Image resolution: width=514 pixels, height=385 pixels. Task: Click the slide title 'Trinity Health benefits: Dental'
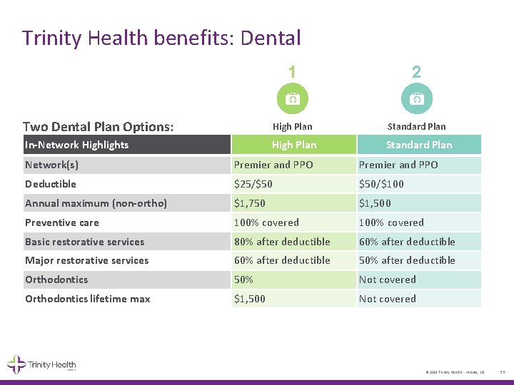[161, 37]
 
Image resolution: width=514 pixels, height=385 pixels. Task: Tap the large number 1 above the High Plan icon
[292, 72]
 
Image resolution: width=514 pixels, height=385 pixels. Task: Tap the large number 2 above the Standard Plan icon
[416, 72]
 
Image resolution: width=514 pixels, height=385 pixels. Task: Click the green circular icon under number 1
[292, 99]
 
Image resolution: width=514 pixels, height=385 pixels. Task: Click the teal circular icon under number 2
[416, 99]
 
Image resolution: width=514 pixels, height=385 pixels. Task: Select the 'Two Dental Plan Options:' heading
[99, 127]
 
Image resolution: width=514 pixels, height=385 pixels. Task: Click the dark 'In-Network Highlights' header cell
[124, 145]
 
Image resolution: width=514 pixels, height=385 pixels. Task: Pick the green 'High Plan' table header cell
[293, 145]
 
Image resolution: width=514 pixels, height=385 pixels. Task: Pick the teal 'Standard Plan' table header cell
[419, 145]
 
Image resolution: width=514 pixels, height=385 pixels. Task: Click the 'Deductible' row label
[51, 184]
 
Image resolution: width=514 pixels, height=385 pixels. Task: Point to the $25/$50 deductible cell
[253, 184]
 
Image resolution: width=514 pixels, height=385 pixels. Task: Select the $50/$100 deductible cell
[382, 184]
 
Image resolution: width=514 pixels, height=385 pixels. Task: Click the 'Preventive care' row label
[62, 222]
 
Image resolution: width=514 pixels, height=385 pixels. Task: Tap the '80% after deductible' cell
[282, 242]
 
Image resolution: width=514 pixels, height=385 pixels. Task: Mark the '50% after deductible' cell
[407, 260]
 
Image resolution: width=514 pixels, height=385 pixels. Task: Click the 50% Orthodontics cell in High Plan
[244, 279]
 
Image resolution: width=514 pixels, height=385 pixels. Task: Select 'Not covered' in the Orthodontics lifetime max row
[387, 299]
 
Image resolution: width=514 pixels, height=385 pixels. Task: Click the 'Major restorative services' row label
[87, 260]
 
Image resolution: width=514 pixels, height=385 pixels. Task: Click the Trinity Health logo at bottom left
[41, 364]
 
